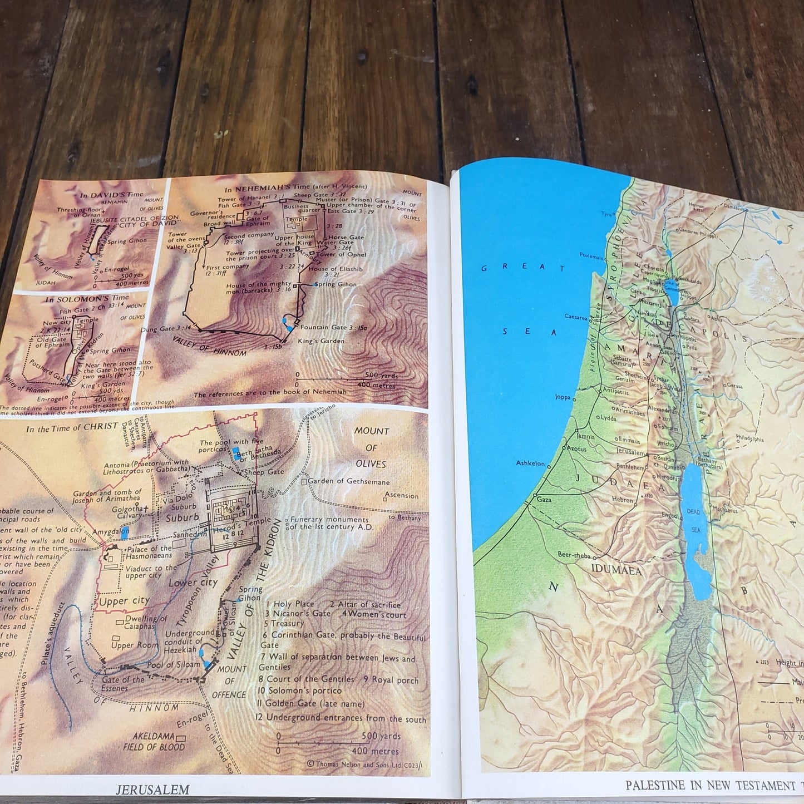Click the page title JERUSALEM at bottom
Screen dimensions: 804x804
tap(153, 789)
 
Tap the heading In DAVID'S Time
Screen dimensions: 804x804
tap(111, 195)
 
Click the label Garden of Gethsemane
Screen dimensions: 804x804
tap(348, 481)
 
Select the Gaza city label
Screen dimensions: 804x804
tap(544, 500)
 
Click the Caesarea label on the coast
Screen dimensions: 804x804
tap(576, 317)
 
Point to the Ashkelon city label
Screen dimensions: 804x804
tap(530, 463)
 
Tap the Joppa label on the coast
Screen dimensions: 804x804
tap(563, 397)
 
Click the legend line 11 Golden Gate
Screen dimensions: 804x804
tap(310, 704)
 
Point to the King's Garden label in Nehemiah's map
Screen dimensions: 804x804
tap(321, 341)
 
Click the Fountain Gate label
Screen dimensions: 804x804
tap(334, 328)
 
